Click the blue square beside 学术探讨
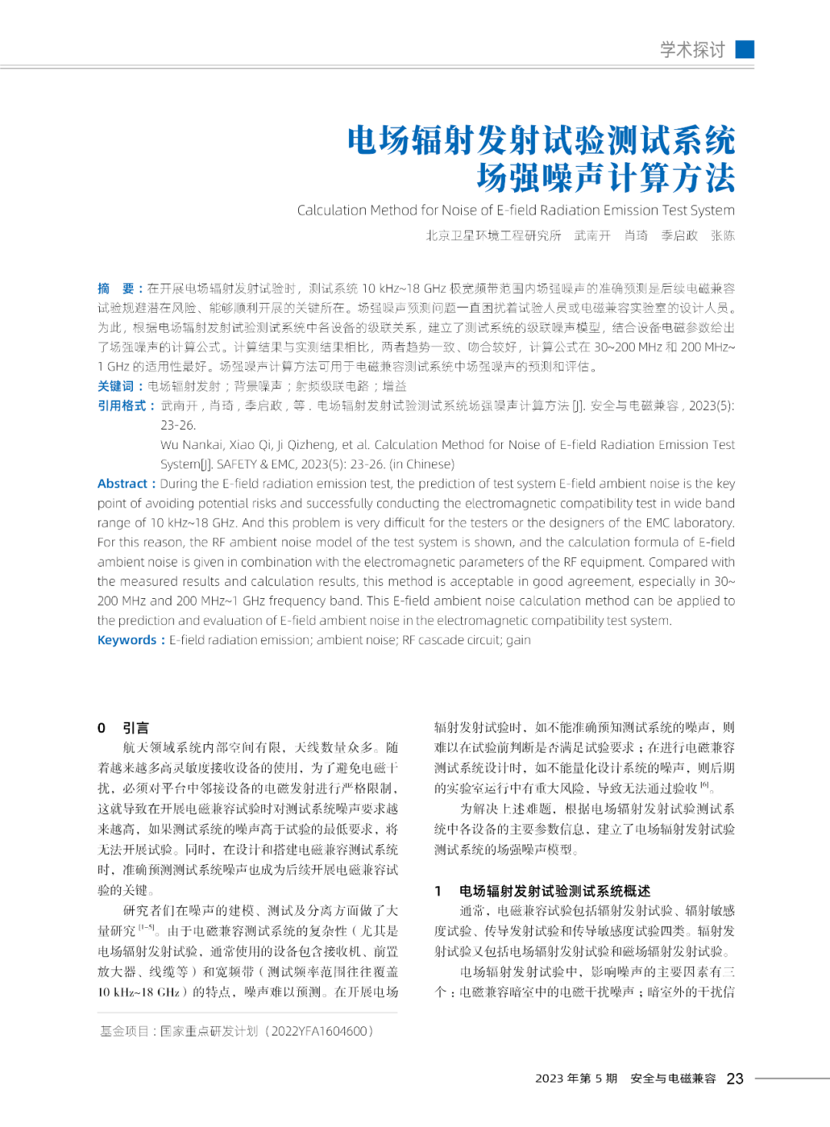coord(745,49)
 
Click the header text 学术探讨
coord(692,50)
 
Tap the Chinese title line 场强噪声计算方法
coord(606,178)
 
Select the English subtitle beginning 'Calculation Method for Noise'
coord(516,210)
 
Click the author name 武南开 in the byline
coord(592,235)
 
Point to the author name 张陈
coord(722,235)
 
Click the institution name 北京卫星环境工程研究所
coord(493,235)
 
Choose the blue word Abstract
coord(123,484)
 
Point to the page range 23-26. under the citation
coord(178,425)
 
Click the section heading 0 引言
coord(123,727)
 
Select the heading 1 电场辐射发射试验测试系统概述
coord(543,890)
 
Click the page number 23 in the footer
coord(735,1079)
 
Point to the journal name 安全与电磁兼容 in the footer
coord(672,1079)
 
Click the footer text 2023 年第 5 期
coord(576,1079)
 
